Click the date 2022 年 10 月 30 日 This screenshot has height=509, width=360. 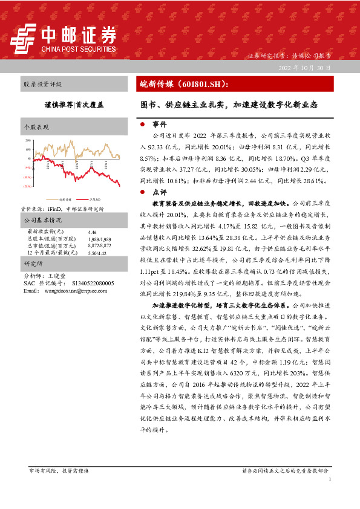(304, 68)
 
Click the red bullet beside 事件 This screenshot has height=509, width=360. (142, 124)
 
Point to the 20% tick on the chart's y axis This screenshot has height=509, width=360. (28, 140)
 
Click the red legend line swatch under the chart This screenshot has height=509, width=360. (83, 198)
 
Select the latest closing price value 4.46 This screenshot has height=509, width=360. (93, 232)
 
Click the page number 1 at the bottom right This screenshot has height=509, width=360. (330, 479)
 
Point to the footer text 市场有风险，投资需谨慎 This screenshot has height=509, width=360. (59, 470)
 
